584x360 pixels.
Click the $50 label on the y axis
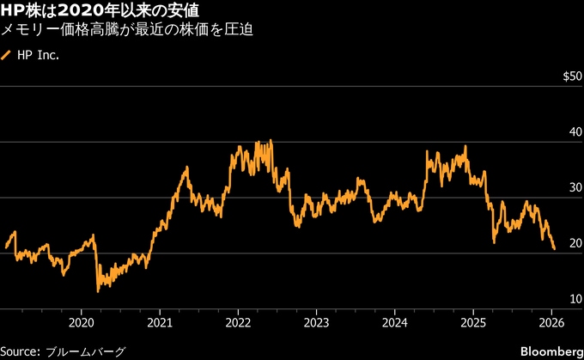click(571, 76)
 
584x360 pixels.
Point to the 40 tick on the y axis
click(575, 132)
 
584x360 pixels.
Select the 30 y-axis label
click(575, 188)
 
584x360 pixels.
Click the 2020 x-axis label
click(81, 323)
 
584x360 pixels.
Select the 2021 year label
click(159, 323)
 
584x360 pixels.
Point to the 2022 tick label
click(238, 323)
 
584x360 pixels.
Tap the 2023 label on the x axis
click(316, 323)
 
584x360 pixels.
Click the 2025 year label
click(473, 323)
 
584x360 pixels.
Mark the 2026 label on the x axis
click(551, 323)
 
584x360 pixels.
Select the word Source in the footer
click(21, 351)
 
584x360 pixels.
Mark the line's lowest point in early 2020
click(98, 291)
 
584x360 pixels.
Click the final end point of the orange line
click(554, 249)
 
